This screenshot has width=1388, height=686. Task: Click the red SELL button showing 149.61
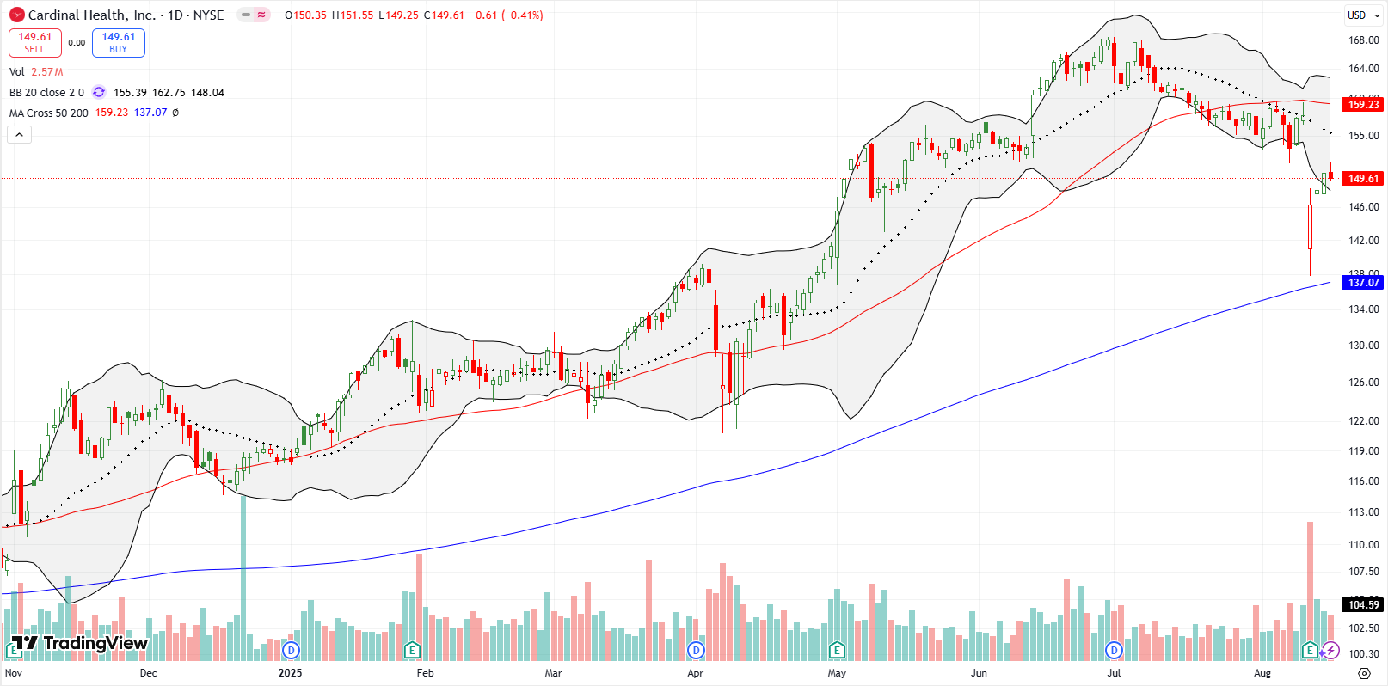[34, 43]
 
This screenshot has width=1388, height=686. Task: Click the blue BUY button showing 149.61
[118, 43]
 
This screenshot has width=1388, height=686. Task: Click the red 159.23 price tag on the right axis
[1362, 105]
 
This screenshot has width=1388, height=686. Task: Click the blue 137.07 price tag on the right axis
[1362, 283]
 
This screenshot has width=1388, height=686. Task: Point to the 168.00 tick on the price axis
[1363, 40]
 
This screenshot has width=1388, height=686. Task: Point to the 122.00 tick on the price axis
[1363, 421]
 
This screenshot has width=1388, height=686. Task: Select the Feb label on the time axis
[425, 673]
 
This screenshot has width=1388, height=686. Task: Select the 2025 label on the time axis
[290, 673]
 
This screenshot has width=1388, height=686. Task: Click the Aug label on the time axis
[1262, 673]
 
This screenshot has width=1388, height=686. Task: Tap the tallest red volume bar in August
[1310, 585]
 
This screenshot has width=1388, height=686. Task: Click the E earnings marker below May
[837, 650]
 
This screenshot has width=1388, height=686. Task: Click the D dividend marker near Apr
[696, 650]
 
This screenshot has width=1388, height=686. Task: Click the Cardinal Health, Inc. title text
[91, 15]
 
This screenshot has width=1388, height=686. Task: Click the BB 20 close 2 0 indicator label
[46, 92]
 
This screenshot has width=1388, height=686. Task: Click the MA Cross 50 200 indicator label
[48, 113]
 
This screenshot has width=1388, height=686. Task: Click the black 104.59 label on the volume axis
[1362, 605]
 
